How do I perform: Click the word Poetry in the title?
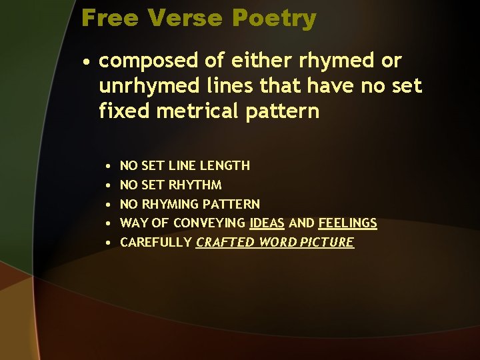(276, 19)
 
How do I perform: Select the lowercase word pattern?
(281, 111)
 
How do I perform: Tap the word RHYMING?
(168, 204)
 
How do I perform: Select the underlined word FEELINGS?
(347, 223)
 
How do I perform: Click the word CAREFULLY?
(155, 242)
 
